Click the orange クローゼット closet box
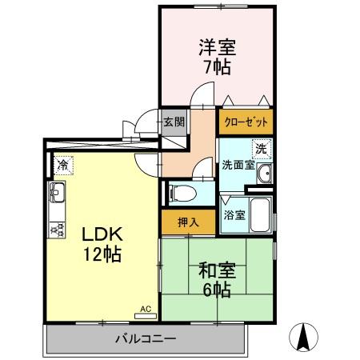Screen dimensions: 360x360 coord(245,122)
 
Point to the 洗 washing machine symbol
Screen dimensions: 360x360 coord(261,148)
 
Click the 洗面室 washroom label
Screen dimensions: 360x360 coord(238,166)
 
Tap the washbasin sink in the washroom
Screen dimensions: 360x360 coord(266,170)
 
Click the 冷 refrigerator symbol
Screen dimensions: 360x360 coord(62,165)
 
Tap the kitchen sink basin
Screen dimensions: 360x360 coord(58,193)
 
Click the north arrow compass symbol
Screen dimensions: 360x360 coord(305,335)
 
